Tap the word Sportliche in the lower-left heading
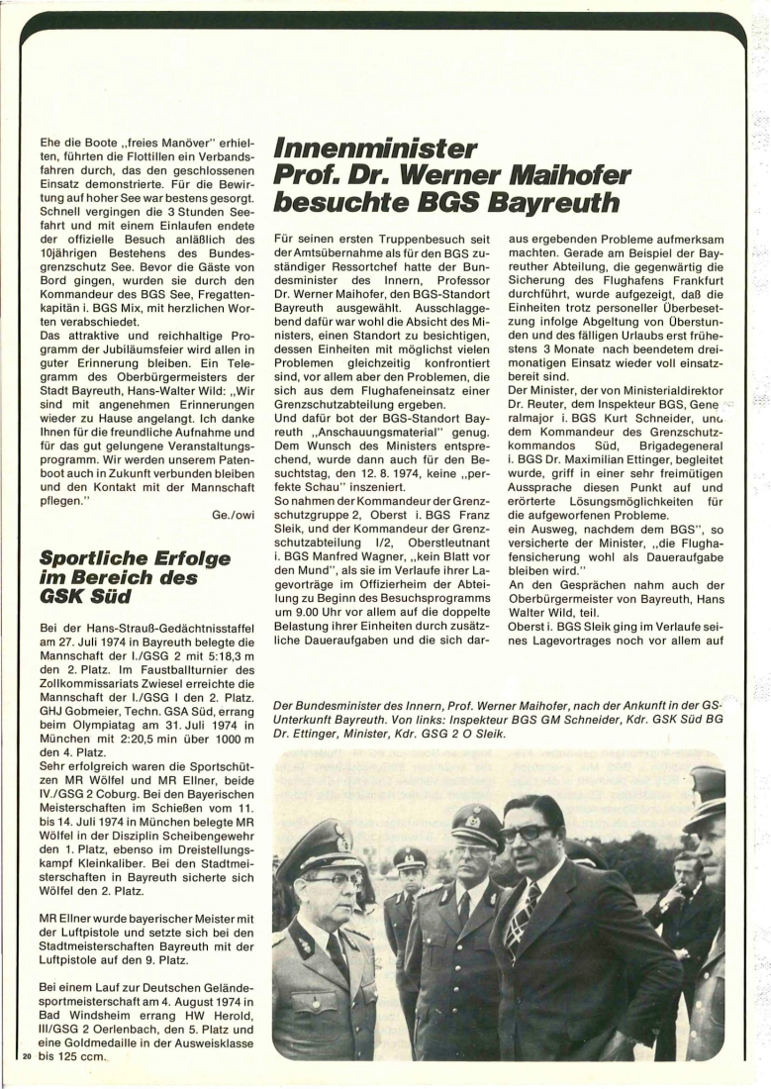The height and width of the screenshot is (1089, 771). click(x=91, y=559)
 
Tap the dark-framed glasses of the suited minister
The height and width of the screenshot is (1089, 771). click(x=525, y=833)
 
